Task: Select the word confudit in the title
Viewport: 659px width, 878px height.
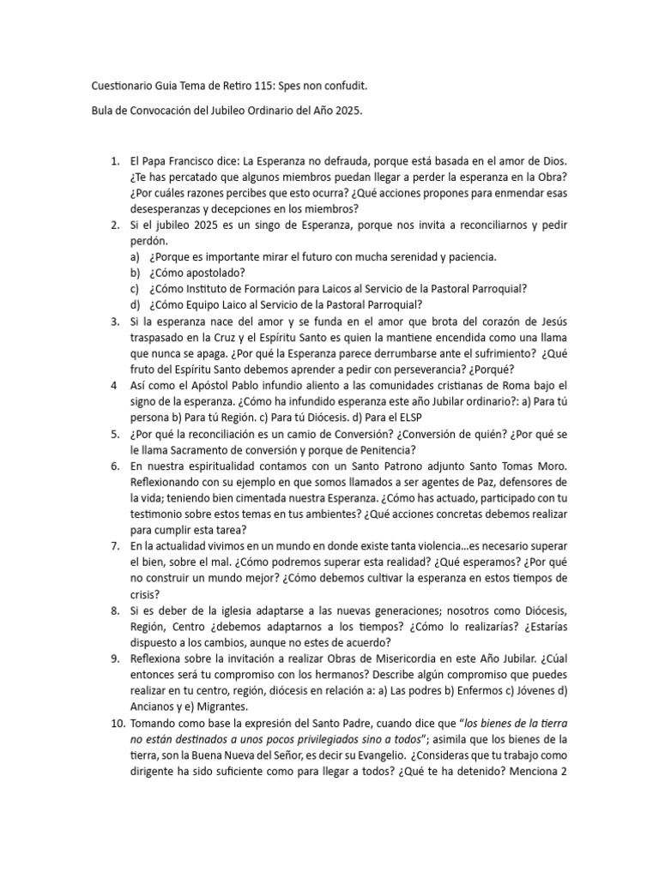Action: [347, 87]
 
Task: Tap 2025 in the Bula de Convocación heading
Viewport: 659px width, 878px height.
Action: [354, 111]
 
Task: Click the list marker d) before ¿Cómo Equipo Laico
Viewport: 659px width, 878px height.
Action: [135, 304]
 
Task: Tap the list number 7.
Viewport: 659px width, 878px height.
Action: [114, 545]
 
